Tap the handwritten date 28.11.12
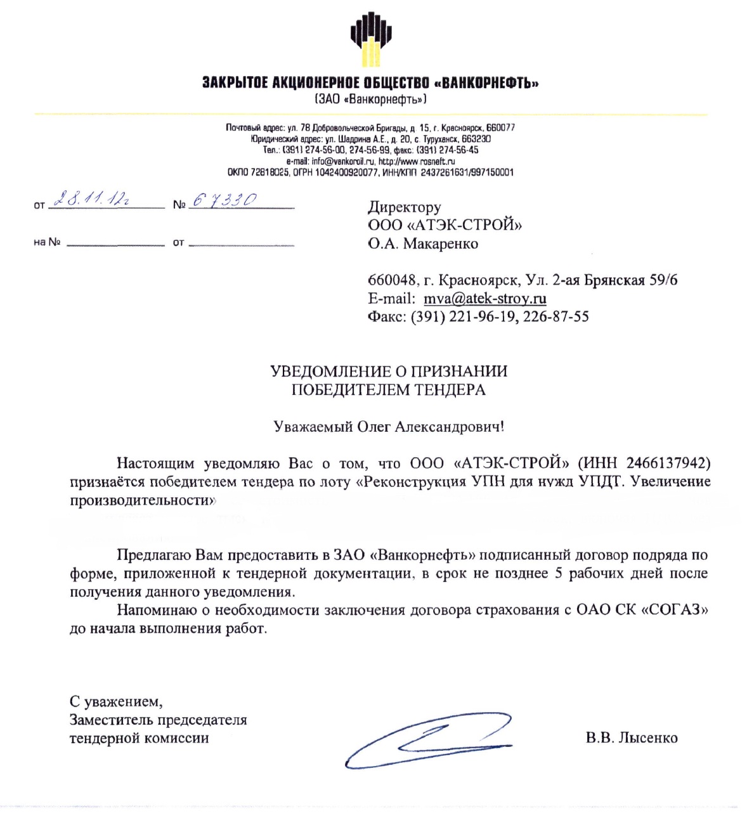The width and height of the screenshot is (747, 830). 91,200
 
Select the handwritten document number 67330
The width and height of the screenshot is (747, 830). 224,200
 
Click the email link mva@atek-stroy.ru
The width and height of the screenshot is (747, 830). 485,299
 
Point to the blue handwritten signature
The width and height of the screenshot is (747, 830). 429,739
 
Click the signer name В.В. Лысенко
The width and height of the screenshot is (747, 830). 632,738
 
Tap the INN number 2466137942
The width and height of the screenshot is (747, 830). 668,464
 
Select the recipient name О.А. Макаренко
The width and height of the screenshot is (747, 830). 423,243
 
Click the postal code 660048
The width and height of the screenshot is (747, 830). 393,280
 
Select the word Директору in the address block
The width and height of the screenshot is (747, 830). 405,207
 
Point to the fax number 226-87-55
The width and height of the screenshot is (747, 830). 556,316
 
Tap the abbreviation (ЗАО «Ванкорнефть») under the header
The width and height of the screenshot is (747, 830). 371,99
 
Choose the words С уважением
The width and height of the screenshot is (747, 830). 116,702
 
